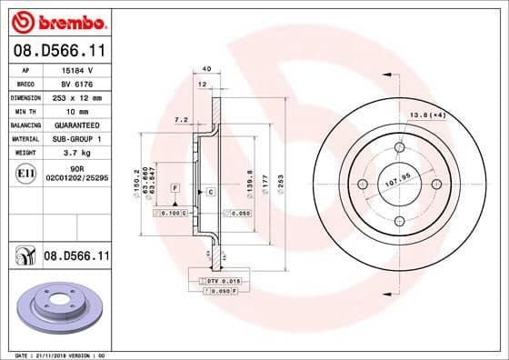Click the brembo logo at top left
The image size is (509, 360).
coord(56,20)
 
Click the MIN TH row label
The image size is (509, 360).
coord(24,110)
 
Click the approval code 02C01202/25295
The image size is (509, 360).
coord(76,179)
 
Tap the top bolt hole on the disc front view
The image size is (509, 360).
coord(399,150)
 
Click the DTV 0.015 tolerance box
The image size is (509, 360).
coord(222,282)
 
